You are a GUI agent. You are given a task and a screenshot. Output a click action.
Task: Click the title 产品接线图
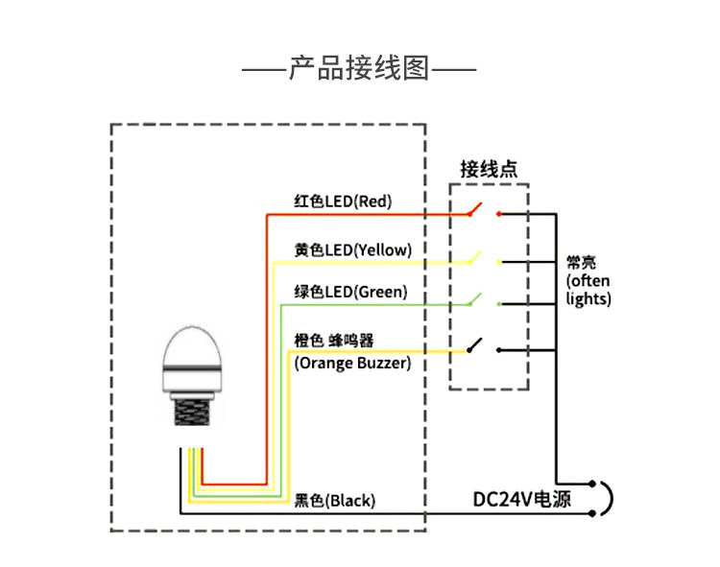coord(359,70)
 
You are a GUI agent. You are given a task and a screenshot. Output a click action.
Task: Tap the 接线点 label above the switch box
coord(489,170)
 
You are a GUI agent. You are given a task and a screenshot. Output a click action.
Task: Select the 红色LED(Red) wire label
coord(343,201)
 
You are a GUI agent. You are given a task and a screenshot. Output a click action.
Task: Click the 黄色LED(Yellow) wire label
coord(353,249)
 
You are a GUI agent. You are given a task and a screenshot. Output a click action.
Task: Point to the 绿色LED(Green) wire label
coord(350,291)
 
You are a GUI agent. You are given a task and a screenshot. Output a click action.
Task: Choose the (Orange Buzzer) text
coord(352,363)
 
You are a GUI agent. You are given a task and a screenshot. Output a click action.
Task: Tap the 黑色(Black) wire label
coord(335,500)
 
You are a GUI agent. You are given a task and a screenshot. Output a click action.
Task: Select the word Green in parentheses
coord(380,291)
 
